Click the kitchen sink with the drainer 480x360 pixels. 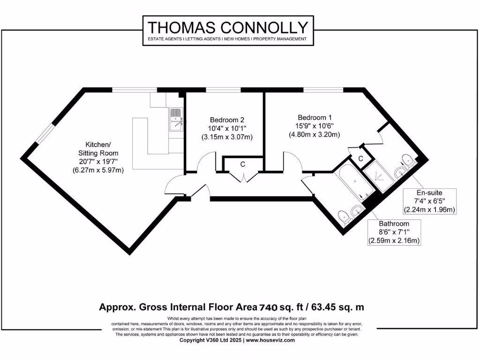coord(176,120)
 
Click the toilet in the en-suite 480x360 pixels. coord(407,159)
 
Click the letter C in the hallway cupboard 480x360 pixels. coord(243,164)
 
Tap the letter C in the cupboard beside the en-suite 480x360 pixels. coord(360,159)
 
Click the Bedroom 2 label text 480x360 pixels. coord(227,120)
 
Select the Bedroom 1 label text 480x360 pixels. coord(314,117)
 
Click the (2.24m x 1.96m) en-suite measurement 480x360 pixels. coord(430,209)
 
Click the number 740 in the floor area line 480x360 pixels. coord(268,307)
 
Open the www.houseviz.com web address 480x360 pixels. coord(270,340)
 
